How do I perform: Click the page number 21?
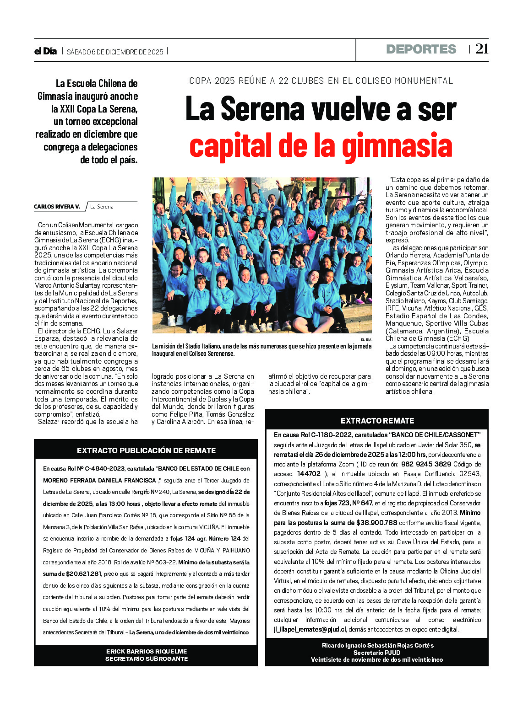point(482,49)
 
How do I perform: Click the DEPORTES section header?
point(421,49)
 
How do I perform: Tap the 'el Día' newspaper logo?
point(45,51)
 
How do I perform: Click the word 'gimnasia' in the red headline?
point(397,145)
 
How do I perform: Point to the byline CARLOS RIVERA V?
point(57,207)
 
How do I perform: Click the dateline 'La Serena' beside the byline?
point(102,207)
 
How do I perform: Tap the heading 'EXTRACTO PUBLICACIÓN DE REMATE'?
point(146,450)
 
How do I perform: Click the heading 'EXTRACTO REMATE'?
point(377,421)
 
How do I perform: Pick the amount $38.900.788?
point(376,523)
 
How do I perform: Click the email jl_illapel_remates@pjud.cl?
point(311,629)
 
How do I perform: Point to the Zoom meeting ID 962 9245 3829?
point(426,464)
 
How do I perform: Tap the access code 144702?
point(309,474)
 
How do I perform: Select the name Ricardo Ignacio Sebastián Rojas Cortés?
point(377,645)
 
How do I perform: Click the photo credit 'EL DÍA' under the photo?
point(365,339)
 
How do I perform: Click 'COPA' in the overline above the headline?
point(200,81)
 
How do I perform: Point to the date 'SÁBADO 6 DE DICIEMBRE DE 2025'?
point(115,52)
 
